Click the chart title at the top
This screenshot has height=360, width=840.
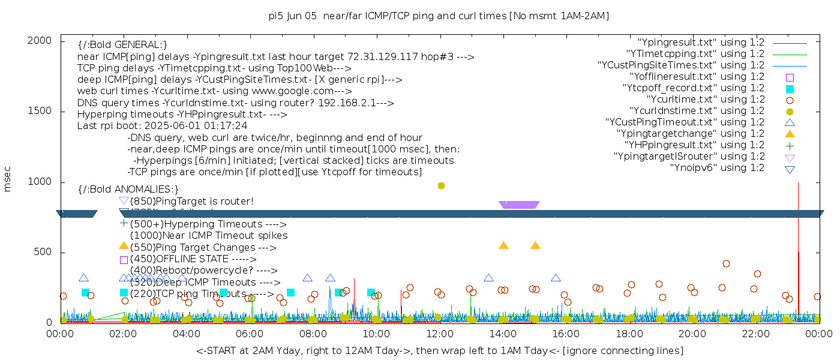click(439, 16)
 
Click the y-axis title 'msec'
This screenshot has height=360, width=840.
click(8, 179)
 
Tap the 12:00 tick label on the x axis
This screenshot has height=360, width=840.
click(440, 334)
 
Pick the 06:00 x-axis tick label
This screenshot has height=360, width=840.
click(250, 334)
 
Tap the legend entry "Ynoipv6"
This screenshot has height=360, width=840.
click(717, 168)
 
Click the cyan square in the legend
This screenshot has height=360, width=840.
click(790, 89)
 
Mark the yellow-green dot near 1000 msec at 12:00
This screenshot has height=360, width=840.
click(441, 185)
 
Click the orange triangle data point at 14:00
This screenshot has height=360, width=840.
click(503, 245)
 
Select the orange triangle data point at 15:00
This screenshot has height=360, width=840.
click(535, 245)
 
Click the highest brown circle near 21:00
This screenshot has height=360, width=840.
click(726, 263)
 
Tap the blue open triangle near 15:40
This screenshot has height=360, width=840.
click(556, 278)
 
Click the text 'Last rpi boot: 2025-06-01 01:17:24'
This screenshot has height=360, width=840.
click(162, 126)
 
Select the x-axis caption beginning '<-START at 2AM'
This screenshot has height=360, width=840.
click(439, 350)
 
